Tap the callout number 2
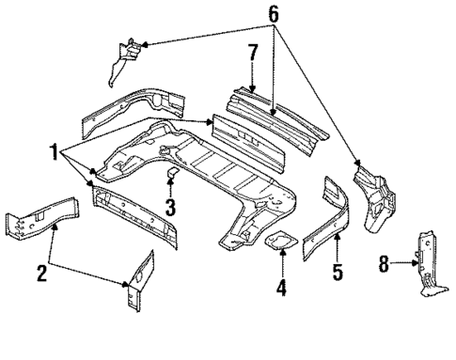coord(41,274)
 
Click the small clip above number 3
coord(171,177)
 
